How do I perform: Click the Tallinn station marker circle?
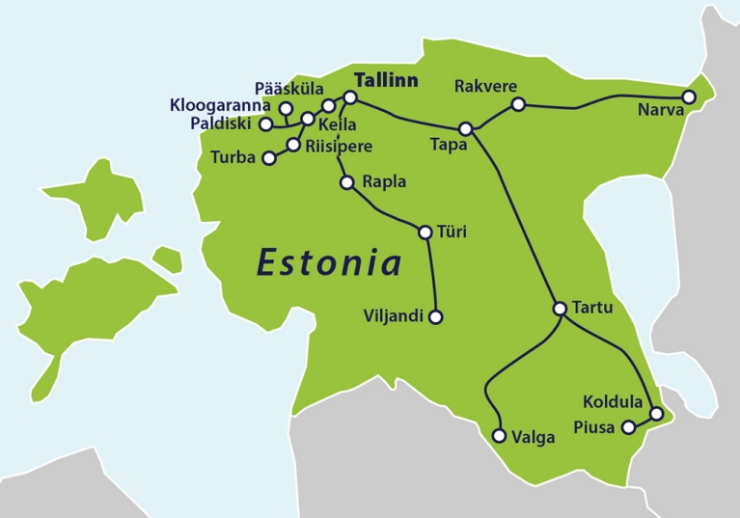point(350,98)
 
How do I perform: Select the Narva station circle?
point(689,97)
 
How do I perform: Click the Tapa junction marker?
point(466,128)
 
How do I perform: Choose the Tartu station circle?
point(560,309)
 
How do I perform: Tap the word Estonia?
point(328,261)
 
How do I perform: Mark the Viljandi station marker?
point(435,316)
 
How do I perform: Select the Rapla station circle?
point(347,181)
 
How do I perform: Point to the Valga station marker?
point(499,436)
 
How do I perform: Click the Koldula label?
point(615,400)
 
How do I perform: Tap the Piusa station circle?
point(629,426)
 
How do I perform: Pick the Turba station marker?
point(269,158)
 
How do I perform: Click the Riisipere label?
point(339,147)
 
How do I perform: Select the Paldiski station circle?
point(266,124)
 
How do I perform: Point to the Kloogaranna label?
point(220,105)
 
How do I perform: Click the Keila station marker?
point(308,120)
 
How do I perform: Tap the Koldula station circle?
point(657,414)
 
